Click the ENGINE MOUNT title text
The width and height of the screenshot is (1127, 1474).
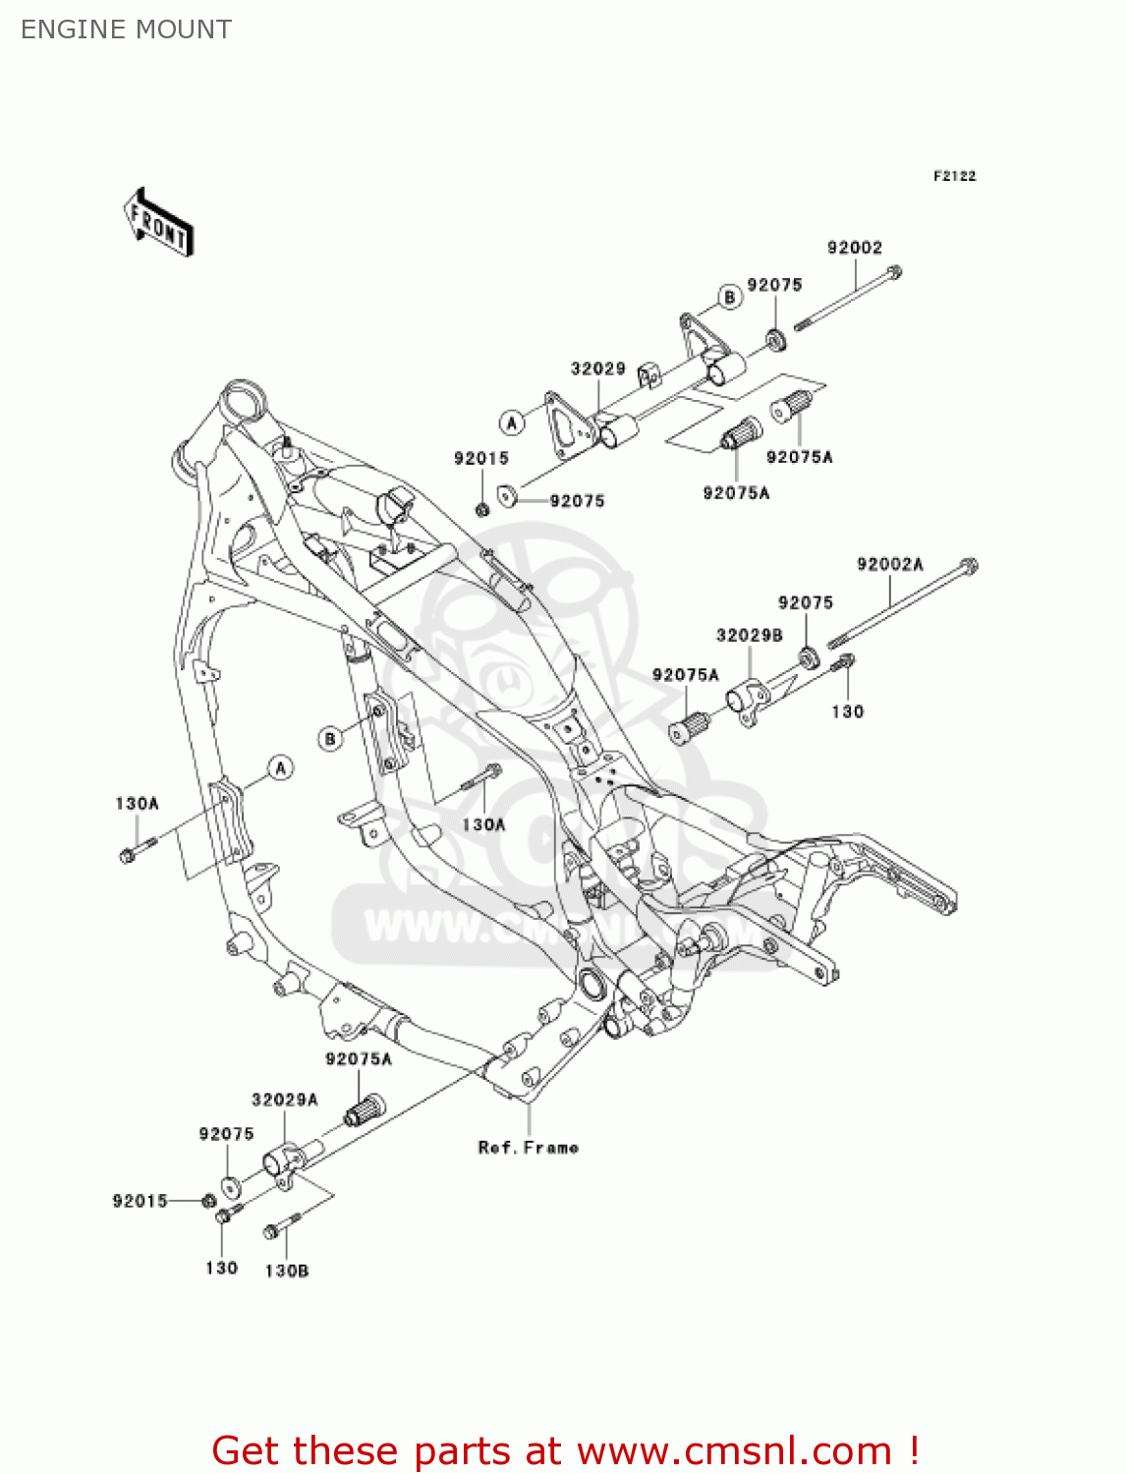coord(126,29)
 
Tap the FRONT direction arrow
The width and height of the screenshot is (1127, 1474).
coord(158,223)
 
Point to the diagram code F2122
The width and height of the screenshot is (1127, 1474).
coord(954,176)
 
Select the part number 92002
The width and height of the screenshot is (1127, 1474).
coord(854,248)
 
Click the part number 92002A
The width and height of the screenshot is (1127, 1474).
coord(889,564)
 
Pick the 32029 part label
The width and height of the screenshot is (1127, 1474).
coord(597,368)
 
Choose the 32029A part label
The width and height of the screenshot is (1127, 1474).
coord(284,1100)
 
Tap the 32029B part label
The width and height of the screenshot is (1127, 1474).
coord(749,635)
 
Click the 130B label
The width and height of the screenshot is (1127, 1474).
coord(286,1271)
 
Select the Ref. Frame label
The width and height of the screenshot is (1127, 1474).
coord(528,1147)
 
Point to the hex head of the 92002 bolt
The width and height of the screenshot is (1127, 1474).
coord(893,272)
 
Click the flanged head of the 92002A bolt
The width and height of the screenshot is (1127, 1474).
coord(968,565)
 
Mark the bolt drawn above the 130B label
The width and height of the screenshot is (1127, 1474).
coord(279,1227)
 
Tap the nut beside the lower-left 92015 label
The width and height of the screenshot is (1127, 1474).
coord(208,1200)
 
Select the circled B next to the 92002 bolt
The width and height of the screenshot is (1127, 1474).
coord(729,297)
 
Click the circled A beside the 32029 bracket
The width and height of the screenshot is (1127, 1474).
coord(511,423)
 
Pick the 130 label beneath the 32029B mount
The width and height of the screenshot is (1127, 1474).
coord(847,711)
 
